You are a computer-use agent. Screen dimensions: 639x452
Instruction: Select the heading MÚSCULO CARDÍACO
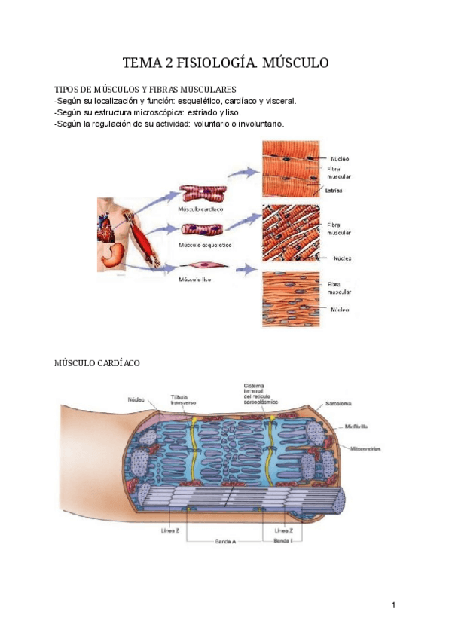coord(97,363)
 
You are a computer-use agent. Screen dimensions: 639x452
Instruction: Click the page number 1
coord(393,606)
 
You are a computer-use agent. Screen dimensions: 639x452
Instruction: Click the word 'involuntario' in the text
coord(258,124)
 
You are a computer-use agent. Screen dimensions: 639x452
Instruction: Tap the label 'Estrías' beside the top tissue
coord(336,191)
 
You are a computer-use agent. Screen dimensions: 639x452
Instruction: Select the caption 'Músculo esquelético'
coord(204,246)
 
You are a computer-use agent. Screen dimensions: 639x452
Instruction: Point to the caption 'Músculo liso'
coord(194,280)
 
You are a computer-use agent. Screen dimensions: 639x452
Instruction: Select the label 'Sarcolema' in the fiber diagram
coord(339,404)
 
